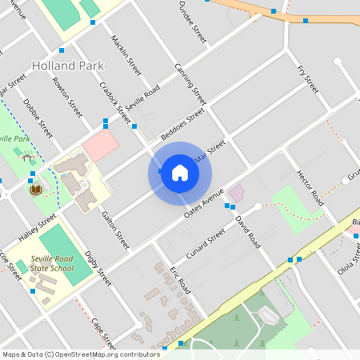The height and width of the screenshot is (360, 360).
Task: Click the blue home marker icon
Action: [179, 173]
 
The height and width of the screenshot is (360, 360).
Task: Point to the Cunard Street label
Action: [206, 240]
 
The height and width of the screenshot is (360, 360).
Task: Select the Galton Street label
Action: [114, 229]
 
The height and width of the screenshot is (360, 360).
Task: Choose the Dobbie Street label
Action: [38, 117]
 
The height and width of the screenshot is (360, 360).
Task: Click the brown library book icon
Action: [35, 190]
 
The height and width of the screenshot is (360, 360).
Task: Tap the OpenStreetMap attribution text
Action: [81, 354]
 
